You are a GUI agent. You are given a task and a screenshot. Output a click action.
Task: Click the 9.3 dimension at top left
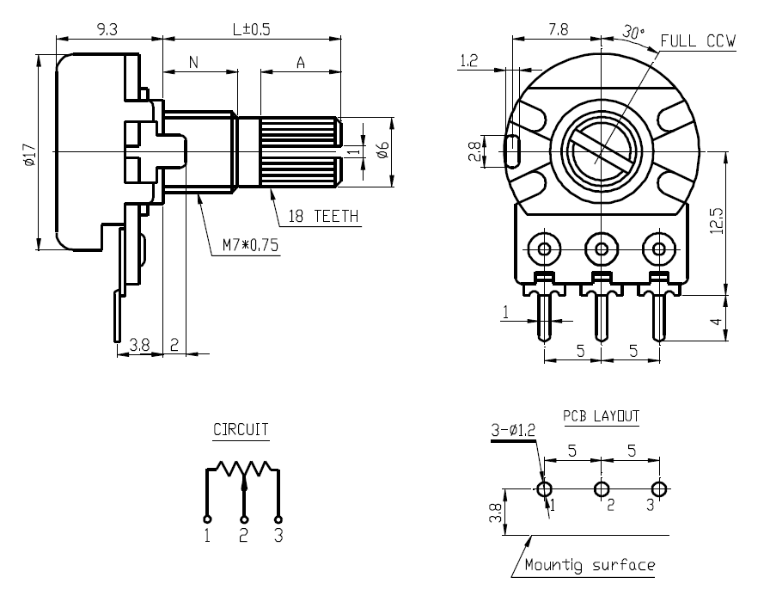(107, 29)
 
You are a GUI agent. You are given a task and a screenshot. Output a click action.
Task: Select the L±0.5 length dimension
(251, 29)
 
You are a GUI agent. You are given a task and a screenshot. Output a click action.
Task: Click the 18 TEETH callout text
(322, 217)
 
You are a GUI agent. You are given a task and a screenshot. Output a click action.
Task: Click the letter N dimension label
(193, 62)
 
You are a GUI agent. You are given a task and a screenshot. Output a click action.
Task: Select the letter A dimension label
(300, 62)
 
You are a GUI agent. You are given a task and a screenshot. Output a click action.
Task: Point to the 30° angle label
(633, 34)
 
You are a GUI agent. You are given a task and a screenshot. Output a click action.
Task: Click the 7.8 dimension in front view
(558, 29)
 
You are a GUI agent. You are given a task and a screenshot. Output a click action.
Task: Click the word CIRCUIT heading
(241, 429)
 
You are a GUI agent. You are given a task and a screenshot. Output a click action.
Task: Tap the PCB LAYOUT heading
(601, 416)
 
